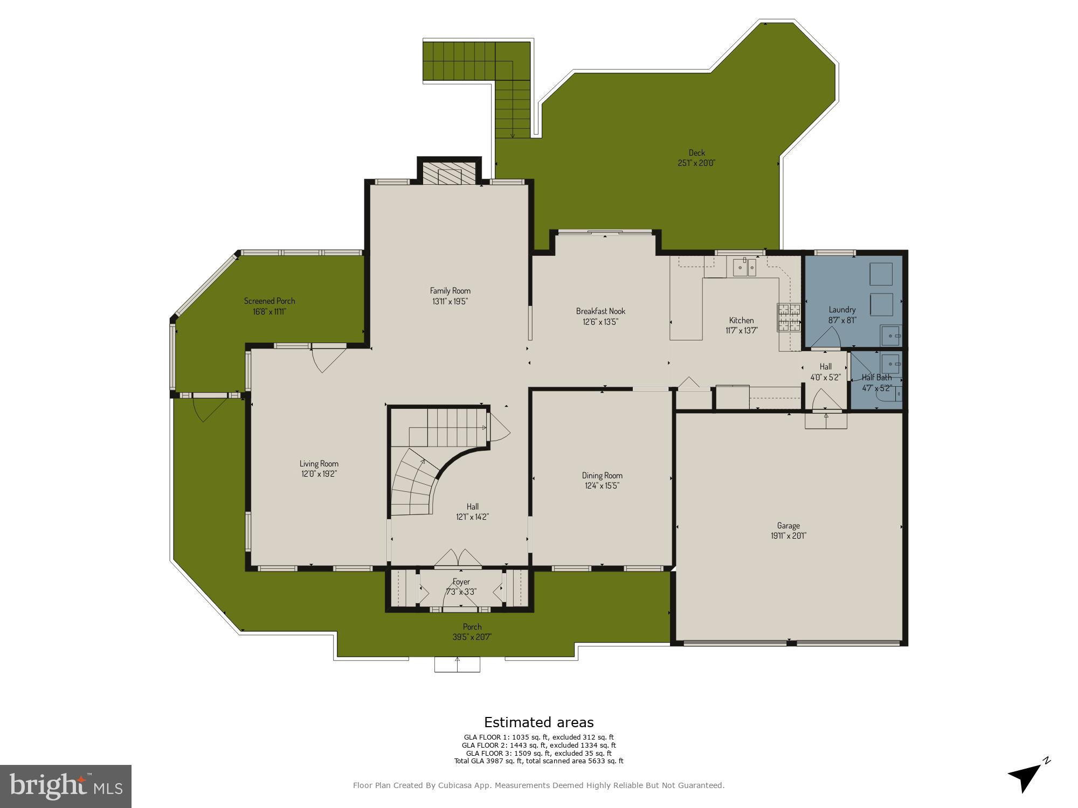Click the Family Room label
coord(450,291)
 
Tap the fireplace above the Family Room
coord(449,173)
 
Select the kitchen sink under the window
coord(744,267)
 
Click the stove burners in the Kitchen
coord(789,317)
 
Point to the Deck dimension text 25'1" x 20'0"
coord(696,163)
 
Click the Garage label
coord(788,525)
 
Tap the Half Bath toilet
coord(888,394)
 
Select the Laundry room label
coord(842,310)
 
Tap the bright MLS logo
coord(65,786)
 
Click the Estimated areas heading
coord(538,722)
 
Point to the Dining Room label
coord(602,475)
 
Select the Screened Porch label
coord(269,301)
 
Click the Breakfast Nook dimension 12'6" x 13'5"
coord(600,322)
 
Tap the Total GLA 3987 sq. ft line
coord(538,761)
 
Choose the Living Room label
coord(319,463)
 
